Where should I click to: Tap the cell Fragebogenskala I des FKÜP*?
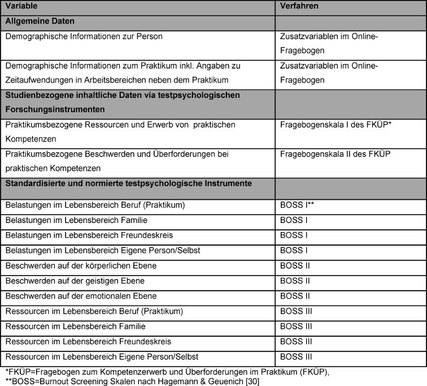tap(327, 124)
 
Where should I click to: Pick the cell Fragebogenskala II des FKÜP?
tap(326, 153)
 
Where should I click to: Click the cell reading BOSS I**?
tap(297, 204)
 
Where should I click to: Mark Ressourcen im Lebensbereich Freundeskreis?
tap(81, 342)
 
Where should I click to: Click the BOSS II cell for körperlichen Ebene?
tap(295, 265)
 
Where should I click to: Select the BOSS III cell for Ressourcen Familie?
tap(297, 327)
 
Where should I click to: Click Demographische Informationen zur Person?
tap(83, 37)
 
